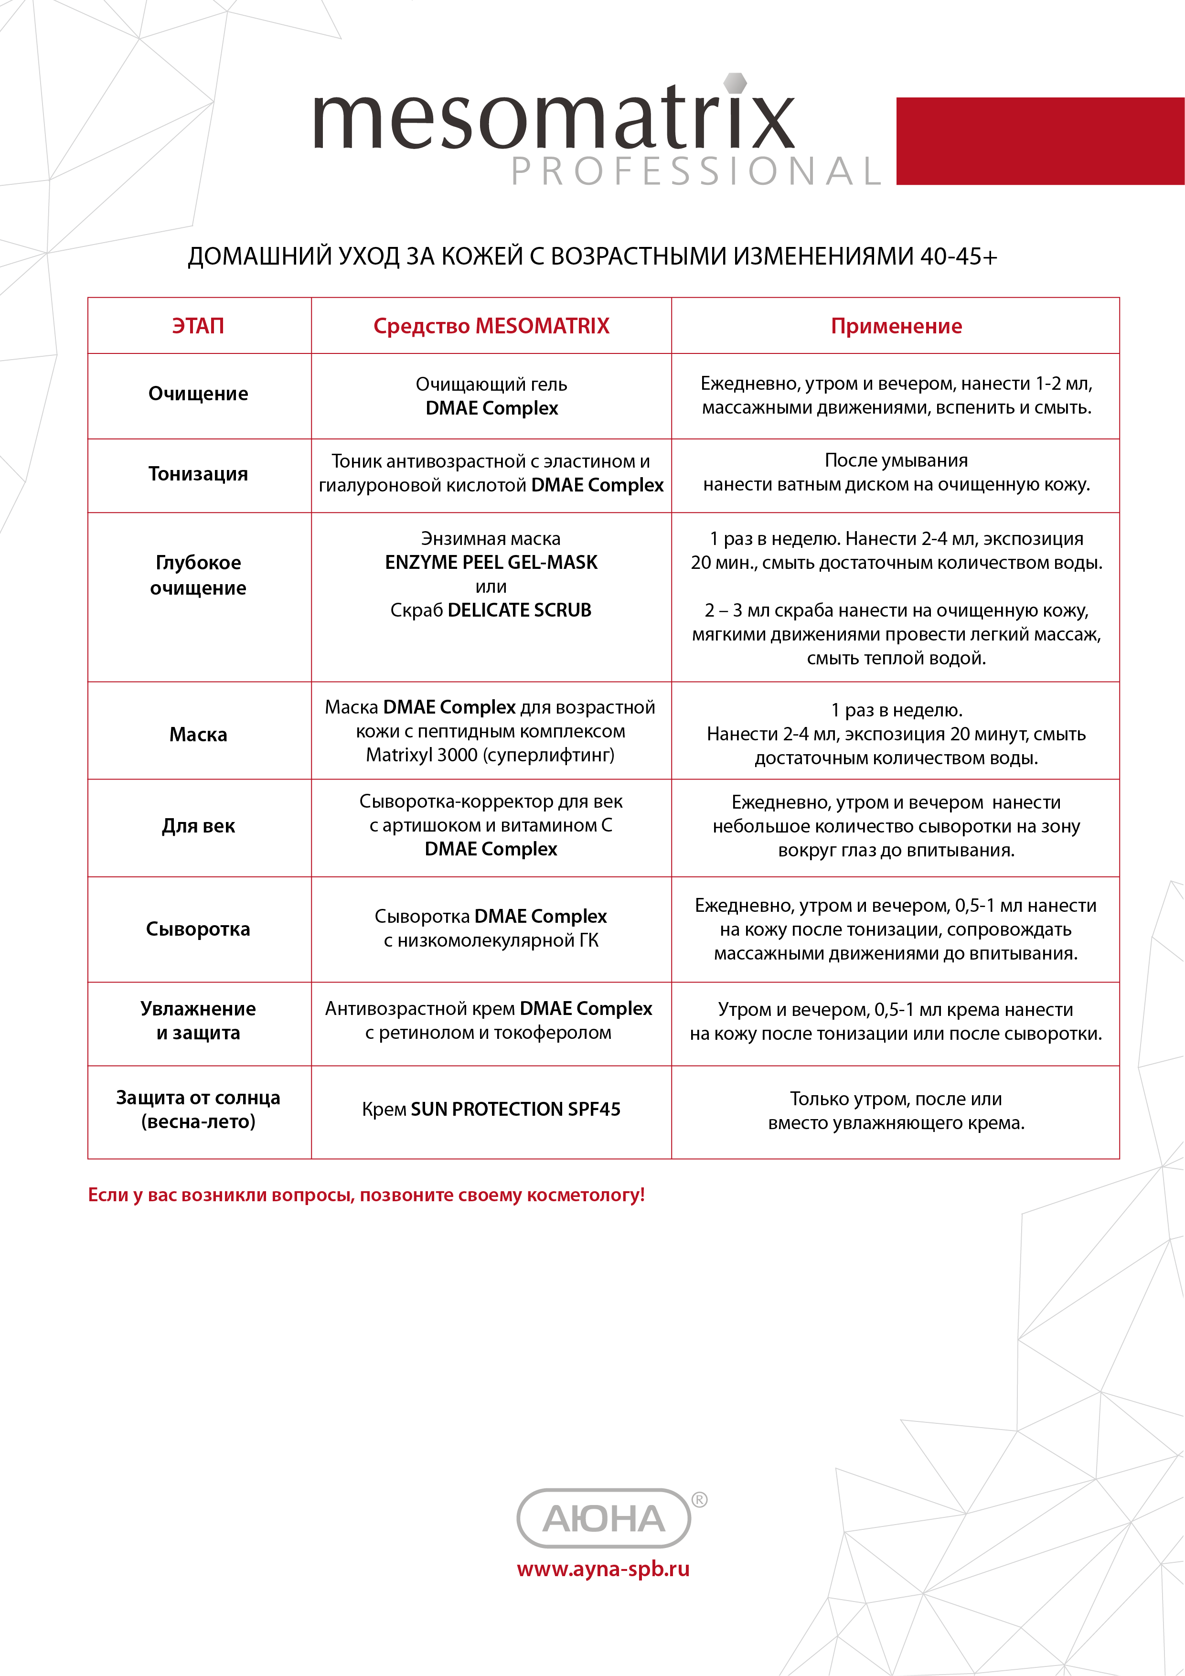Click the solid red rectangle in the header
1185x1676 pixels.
click(1040, 141)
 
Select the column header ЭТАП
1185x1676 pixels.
click(198, 326)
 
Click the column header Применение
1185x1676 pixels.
click(896, 326)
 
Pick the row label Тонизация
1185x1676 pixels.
click(198, 474)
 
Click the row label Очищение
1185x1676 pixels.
click(198, 394)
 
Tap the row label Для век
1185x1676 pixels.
click(198, 826)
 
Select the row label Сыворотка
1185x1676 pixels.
click(198, 929)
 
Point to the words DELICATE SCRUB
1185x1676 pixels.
click(519, 610)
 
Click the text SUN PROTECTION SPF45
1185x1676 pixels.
click(515, 1109)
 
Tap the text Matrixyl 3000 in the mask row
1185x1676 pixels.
click(421, 755)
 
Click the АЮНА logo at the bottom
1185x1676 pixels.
click(603, 1519)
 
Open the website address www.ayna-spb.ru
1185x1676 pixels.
click(603, 1569)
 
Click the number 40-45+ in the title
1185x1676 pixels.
click(958, 256)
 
